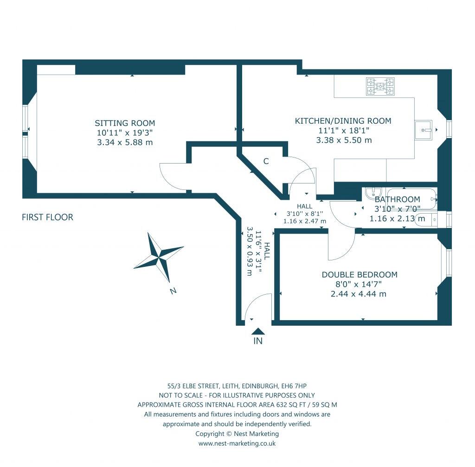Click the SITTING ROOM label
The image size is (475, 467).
pyautogui.click(x=125, y=123)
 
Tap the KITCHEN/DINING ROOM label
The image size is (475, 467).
pyautogui.click(x=343, y=121)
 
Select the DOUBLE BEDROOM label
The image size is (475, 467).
pyautogui.click(x=359, y=275)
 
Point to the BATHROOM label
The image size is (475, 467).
pyautogui.click(x=397, y=199)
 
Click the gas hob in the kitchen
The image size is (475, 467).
pyautogui.click(x=380, y=86)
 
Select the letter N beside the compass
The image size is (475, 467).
pyautogui.click(x=173, y=291)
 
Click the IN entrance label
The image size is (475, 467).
pyautogui.click(x=258, y=341)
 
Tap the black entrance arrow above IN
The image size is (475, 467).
pyautogui.click(x=258, y=331)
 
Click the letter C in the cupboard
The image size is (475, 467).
pyautogui.click(x=266, y=161)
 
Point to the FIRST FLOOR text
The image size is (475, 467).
pyautogui.click(x=47, y=217)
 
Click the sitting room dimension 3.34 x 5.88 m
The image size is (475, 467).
pyautogui.click(x=125, y=142)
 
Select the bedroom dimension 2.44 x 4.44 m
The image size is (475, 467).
pyautogui.click(x=359, y=294)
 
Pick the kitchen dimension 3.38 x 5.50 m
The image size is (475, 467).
pyautogui.click(x=344, y=140)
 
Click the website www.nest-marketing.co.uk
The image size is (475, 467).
pyautogui.click(x=237, y=443)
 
